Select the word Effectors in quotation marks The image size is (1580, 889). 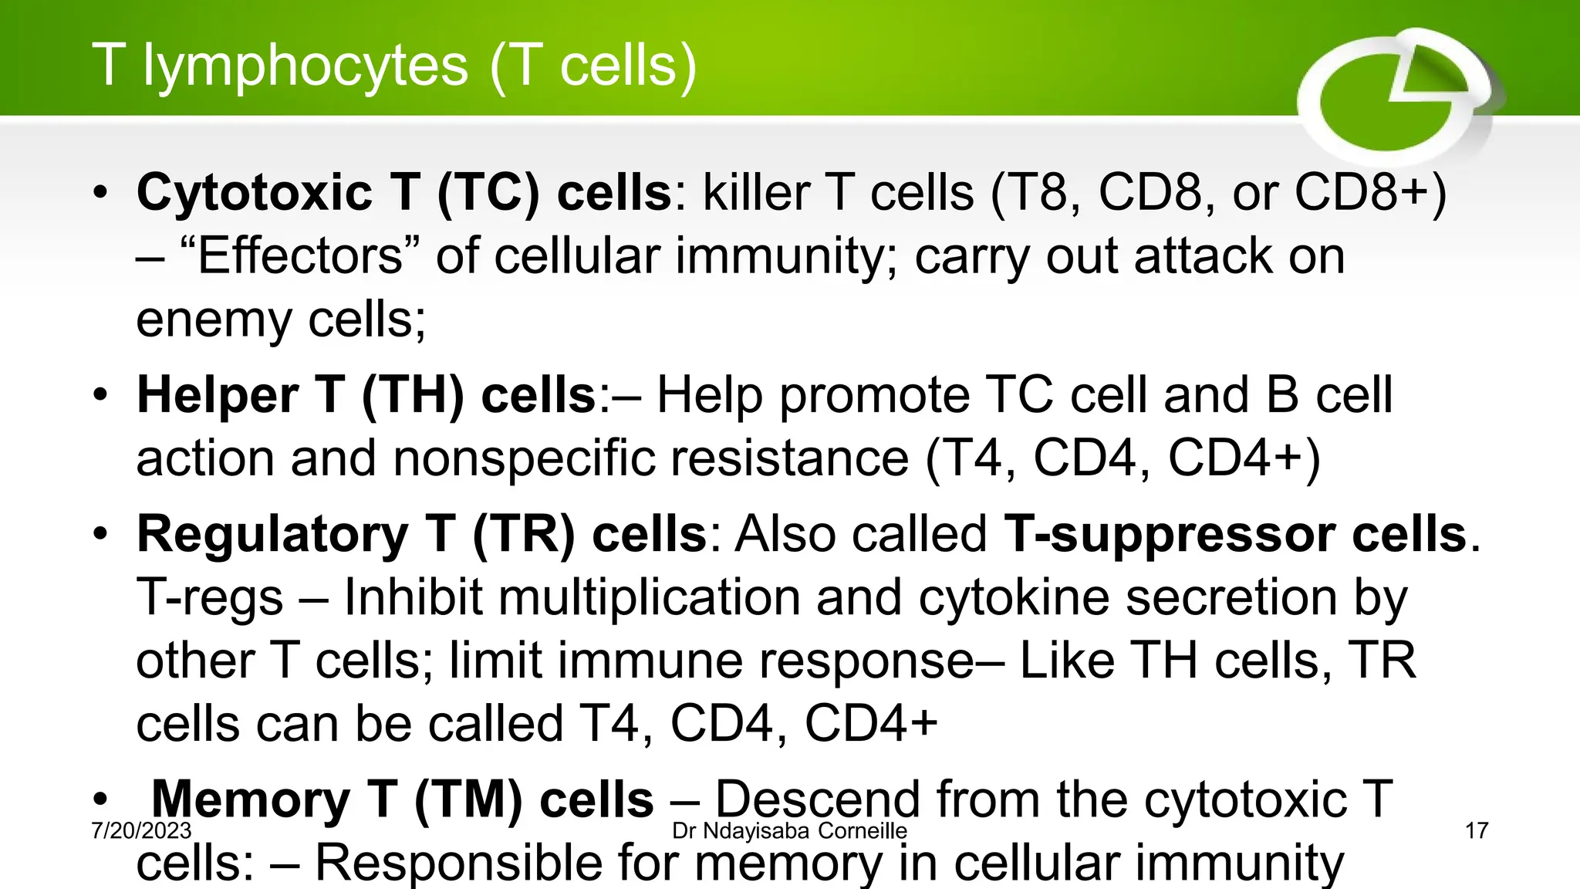[299, 256]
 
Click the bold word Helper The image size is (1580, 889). [218, 395]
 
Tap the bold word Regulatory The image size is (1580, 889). [272, 534]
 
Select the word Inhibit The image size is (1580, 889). [413, 597]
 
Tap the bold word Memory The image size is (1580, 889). [251, 799]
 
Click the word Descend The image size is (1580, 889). [818, 799]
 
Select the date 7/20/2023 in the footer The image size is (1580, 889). [141, 831]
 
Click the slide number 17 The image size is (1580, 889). [1476, 831]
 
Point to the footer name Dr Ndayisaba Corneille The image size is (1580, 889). [789, 831]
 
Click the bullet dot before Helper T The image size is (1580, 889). [100, 396]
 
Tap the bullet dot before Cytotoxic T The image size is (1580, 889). [100, 193]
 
